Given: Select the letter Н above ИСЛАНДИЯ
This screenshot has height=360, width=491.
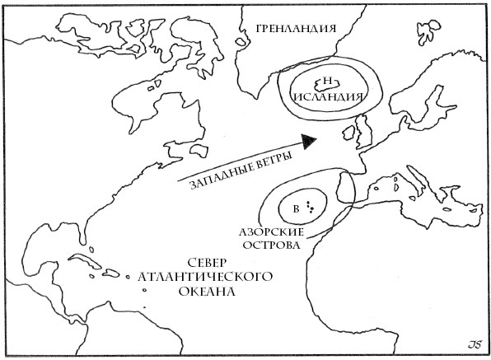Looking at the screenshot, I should point(328,81).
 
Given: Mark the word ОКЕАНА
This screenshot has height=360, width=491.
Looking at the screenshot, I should point(206,292).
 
